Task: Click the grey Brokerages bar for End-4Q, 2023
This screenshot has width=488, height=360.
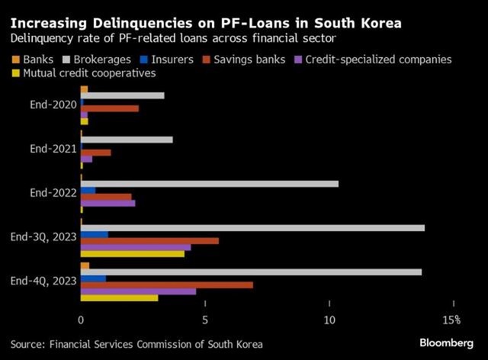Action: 251,272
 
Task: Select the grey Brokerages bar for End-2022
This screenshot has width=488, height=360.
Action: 209,183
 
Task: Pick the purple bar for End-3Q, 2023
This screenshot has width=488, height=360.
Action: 135,247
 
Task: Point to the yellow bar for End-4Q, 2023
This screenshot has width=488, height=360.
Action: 119,297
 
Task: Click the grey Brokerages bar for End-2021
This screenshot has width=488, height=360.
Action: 126,140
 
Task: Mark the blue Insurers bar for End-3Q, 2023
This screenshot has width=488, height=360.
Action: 94,234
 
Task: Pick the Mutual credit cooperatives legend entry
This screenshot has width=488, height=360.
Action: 83,73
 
